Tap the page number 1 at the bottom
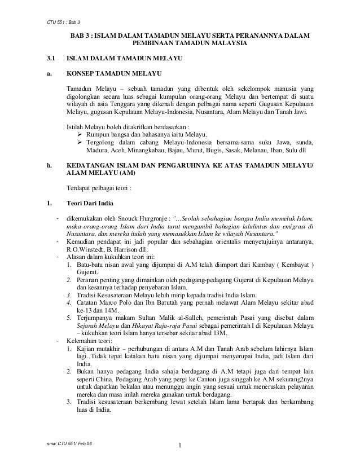pyautogui.click(x=180, y=450)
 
